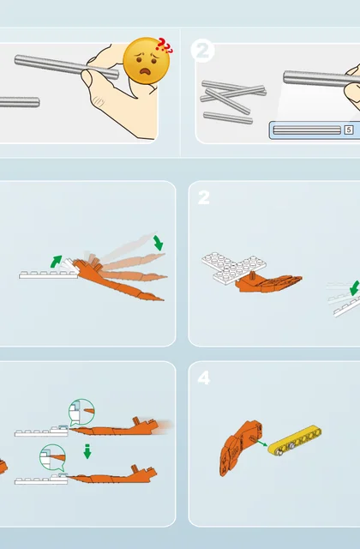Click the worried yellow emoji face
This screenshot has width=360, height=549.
point(147,61)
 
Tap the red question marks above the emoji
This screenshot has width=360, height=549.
point(165,45)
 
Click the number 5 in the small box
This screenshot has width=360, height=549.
point(349,130)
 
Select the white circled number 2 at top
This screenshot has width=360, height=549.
point(202,51)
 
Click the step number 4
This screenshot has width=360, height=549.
point(204,377)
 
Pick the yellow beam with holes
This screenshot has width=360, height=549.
point(295,440)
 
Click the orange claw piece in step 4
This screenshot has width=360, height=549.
point(241,448)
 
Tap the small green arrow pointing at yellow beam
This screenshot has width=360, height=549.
point(261,443)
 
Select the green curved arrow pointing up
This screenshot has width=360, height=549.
point(56,261)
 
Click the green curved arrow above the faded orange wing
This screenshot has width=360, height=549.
point(159,243)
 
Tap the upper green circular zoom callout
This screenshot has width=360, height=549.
point(81,412)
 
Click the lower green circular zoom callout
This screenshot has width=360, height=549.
point(52,458)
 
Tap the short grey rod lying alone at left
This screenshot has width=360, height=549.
point(19,102)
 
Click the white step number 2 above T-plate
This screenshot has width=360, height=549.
point(204,197)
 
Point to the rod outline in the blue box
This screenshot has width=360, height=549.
point(307,130)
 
